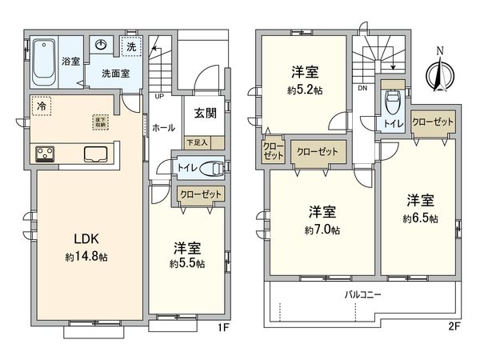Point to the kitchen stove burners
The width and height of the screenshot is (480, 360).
[x=44, y=154]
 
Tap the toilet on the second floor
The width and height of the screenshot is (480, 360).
[x=392, y=102]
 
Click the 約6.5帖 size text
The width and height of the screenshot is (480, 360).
[x=421, y=218]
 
